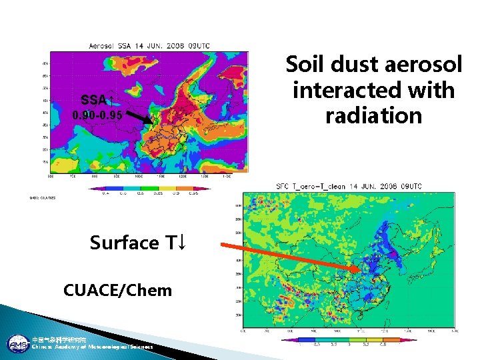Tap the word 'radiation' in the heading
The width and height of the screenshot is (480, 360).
pyautogui.click(x=373, y=115)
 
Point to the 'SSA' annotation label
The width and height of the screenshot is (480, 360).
pyautogui.click(x=93, y=101)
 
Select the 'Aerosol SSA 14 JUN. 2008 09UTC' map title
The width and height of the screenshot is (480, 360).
pyautogui.click(x=150, y=45)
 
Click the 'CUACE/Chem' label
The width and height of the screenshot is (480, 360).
pyautogui.click(x=117, y=290)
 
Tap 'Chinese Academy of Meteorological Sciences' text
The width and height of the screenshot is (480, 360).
pyautogui.click(x=92, y=347)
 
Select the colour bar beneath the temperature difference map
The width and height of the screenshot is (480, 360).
pyautogui.click(x=341, y=339)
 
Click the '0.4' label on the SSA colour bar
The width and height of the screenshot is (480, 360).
pyautogui.click(x=105, y=195)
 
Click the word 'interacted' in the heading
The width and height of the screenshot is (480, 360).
pyautogui.click(x=373, y=90)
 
